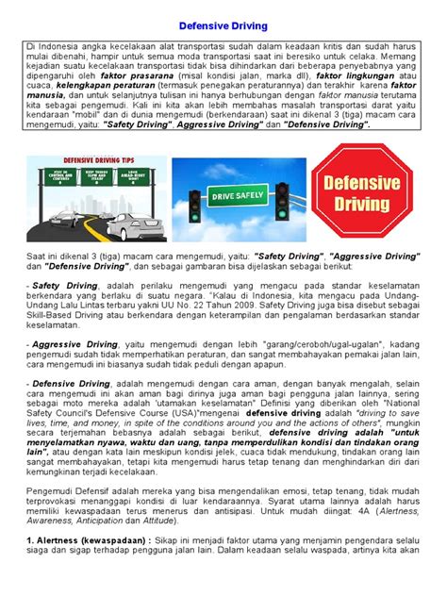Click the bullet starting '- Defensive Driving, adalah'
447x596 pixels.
pos(68,411)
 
